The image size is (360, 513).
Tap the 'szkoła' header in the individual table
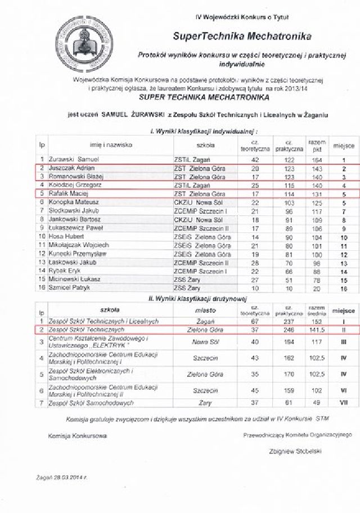click(x=201, y=145)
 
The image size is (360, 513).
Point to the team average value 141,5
click(x=315, y=329)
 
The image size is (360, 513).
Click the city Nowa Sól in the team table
click(x=202, y=341)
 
